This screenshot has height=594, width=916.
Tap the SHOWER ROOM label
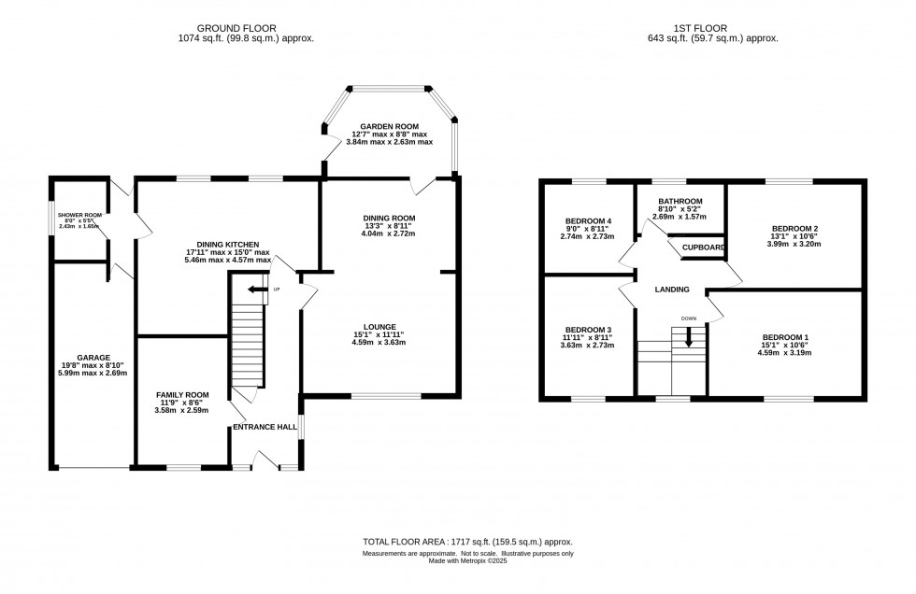tap(80, 214)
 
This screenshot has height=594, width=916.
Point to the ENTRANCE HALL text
tap(265, 427)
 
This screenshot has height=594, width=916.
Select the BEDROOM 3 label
tap(588, 330)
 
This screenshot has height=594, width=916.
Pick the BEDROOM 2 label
tap(794, 228)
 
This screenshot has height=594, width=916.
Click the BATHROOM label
tap(680, 201)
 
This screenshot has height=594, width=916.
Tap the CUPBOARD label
tap(704, 247)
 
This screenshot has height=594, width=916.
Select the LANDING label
tap(672, 290)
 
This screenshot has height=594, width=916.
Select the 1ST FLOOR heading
tap(712, 27)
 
